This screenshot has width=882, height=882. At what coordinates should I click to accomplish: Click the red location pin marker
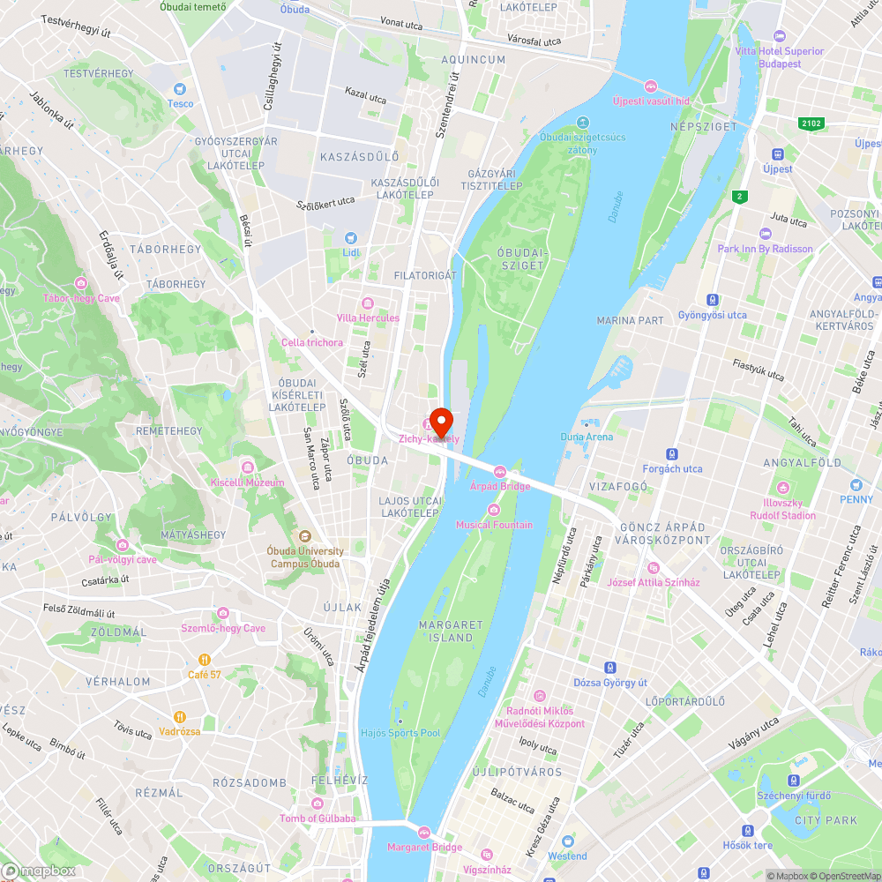440,419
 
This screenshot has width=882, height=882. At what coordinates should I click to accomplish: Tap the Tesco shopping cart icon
181,88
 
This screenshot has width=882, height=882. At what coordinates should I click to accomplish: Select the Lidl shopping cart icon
351,237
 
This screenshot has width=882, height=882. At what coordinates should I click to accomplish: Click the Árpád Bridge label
500,486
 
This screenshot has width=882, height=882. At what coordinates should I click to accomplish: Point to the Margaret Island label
451,631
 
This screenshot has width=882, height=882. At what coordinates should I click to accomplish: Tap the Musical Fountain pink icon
494,510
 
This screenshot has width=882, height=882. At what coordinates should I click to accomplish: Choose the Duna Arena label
587,437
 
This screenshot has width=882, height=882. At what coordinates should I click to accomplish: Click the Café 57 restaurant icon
205,659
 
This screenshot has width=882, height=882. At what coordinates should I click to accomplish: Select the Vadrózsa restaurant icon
180,716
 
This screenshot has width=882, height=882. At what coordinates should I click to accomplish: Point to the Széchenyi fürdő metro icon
794,781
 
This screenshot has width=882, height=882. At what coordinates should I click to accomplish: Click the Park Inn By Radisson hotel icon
765,234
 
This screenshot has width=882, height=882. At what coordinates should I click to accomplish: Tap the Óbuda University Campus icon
305,535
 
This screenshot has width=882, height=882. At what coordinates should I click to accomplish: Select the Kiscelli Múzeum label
247,482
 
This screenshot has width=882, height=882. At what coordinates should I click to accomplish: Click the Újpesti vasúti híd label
651,101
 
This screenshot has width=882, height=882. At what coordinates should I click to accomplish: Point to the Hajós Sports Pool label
400,733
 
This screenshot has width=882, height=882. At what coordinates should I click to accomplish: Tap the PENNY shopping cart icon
856,485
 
